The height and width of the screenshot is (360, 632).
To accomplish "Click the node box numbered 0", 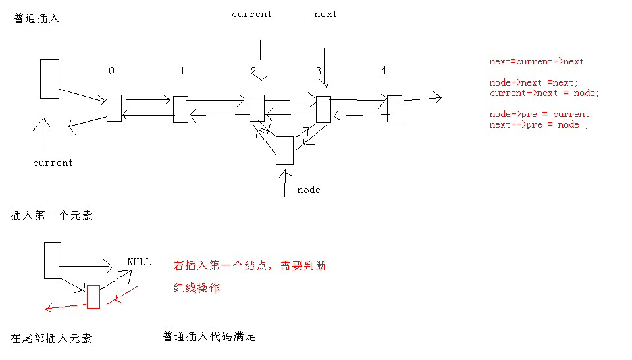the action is pos(114,108).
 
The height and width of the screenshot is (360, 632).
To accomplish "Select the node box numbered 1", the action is pos(180,109).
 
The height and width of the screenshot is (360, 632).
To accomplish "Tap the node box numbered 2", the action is pos(257,108).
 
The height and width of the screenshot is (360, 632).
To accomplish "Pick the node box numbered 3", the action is pos(324,109).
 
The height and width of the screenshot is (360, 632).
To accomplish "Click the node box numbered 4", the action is pos(394,109).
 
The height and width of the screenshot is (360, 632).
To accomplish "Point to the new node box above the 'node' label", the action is pos(284,150).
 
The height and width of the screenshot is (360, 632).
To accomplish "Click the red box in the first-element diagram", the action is pos(93,297).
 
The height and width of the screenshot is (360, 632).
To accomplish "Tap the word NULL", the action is pos(139,262).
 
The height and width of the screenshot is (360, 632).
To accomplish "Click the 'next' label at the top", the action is pos(326,14).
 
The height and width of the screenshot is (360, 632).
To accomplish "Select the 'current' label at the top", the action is pos(252,14).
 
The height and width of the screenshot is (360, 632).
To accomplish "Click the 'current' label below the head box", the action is pos(53,163).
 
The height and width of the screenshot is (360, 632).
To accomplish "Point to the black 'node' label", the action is pos(309,190).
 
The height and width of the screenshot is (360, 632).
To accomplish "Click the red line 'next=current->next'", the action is pos(537,62).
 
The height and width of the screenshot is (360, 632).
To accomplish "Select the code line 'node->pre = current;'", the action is pos(541,115).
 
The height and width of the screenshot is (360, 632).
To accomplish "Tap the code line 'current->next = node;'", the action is pos(544,93).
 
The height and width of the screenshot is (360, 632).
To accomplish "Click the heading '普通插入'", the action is pos(37,18).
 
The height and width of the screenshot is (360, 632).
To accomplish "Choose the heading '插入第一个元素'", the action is pos(51,215).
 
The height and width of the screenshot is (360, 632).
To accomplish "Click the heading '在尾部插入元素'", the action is pos(51,338).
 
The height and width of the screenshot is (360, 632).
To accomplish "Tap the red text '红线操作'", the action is pos(197,288).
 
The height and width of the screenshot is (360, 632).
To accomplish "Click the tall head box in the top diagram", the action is pos(49,79).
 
